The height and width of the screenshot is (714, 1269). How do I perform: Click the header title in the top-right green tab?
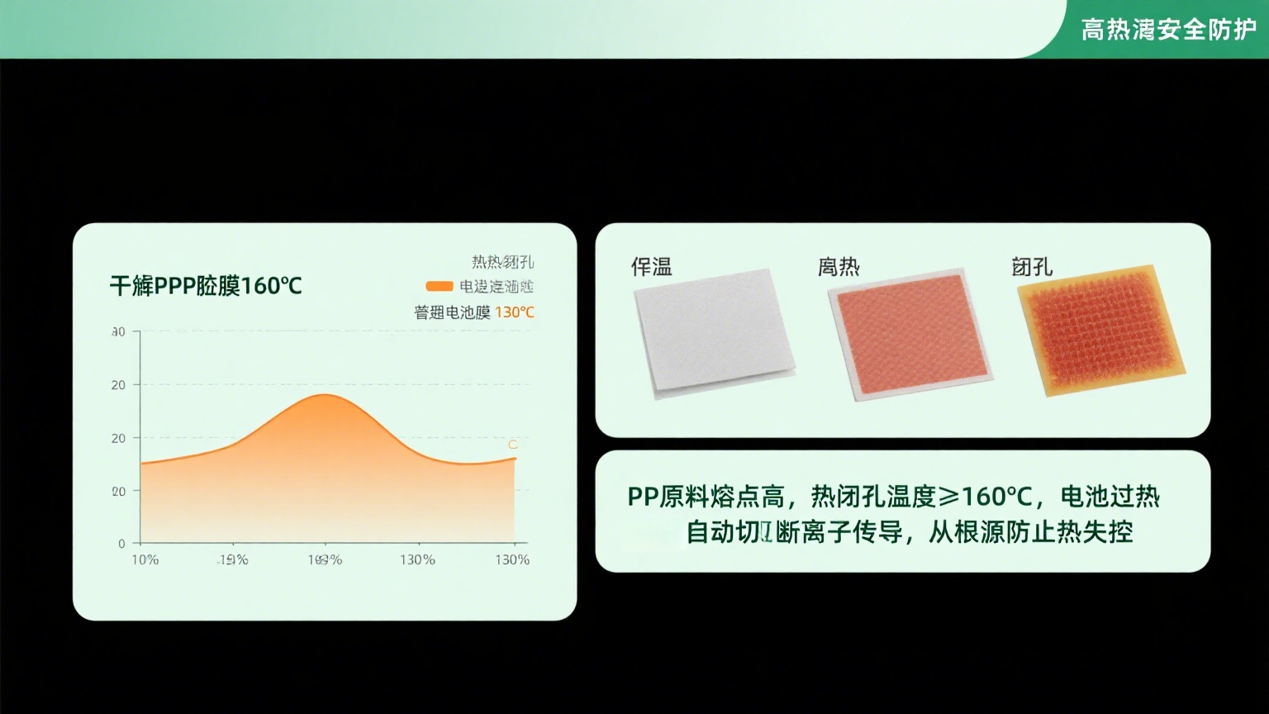pos(1168,31)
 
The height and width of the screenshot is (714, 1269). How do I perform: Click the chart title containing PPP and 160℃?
pos(206,287)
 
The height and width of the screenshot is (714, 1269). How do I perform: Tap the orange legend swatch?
pos(439,287)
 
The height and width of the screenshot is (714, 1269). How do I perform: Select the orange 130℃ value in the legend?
pos(515,312)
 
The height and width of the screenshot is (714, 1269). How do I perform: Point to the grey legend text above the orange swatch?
pos(502,263)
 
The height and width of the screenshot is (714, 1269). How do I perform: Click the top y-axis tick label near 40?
pos(118,332)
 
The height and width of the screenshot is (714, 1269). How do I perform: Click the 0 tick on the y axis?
pos(121,544)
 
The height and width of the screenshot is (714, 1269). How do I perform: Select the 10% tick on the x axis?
pos(145,560)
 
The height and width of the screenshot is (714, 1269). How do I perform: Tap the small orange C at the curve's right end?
pos(512,445)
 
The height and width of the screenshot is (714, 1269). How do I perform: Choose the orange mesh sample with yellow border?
pos(1100,331)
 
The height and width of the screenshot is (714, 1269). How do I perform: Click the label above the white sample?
pos(652,267)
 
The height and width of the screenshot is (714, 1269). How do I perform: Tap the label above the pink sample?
pos(839,267)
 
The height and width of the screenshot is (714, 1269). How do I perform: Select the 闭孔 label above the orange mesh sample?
pos(1032,267)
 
